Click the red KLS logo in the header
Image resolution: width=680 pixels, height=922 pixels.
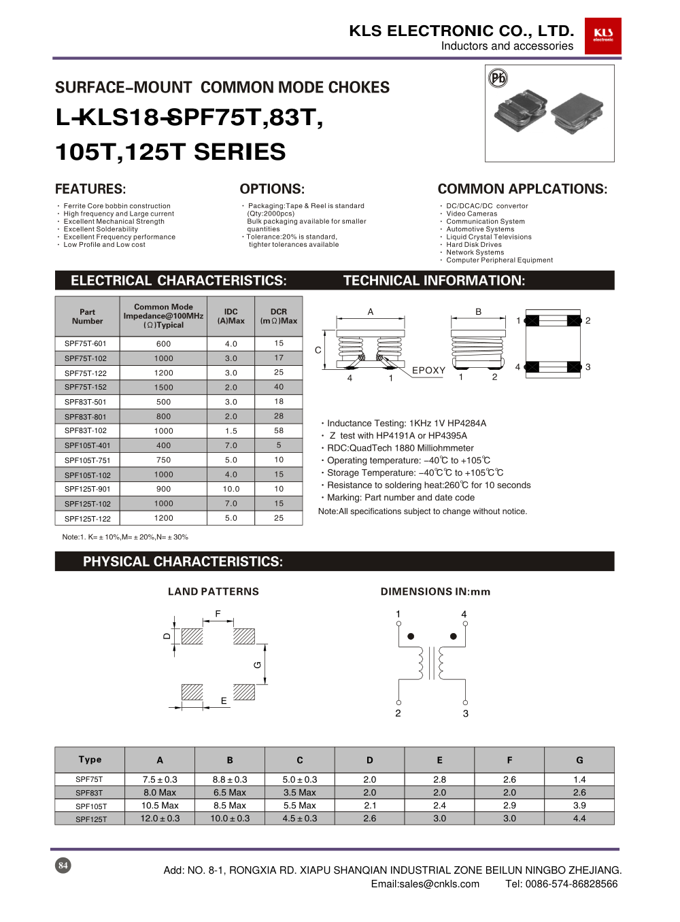[602, 35]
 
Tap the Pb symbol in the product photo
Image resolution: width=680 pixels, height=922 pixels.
[498, 78]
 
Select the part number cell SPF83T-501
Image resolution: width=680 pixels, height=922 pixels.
[86, 402]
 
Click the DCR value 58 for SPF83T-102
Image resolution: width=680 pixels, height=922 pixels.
[279, 430]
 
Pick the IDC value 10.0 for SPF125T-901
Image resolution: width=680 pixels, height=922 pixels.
[231, 489]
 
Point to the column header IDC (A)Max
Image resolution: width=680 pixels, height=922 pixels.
[231, 316]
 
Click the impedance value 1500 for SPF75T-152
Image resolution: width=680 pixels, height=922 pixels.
[163, 388]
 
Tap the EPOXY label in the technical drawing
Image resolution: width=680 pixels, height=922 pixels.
[428, 371]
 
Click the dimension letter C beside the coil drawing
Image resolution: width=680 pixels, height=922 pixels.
[318, 350]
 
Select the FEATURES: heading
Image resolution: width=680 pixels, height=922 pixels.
[90, 189]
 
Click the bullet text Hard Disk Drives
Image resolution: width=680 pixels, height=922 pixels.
[474, 245]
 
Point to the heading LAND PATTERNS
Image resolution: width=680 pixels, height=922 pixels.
[214, 592]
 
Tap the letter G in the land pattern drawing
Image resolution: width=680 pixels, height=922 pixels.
[258, 664]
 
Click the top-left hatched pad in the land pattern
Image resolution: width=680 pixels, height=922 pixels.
[192, 636]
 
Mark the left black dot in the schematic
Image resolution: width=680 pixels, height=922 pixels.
[411, 636]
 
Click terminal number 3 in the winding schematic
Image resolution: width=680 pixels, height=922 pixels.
[466, 713]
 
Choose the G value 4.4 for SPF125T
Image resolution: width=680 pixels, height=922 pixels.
[579, 819]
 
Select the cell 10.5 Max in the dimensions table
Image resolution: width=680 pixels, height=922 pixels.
[160, 806]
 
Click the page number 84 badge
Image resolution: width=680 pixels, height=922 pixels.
[63, 866]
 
